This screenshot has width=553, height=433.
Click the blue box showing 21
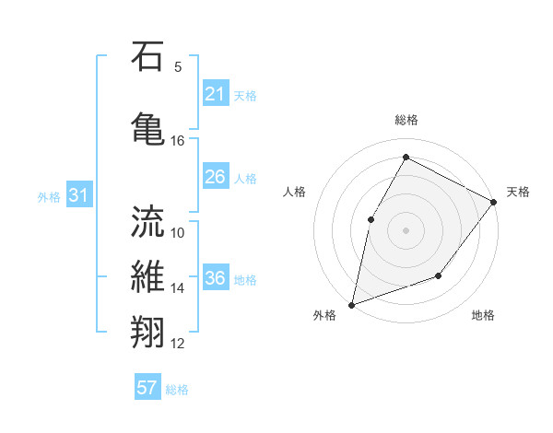[x=216, y=94]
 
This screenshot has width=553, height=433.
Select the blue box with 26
[x=216, y=177]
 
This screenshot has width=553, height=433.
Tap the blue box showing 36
[x=216, y=278]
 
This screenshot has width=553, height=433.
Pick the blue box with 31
[x=78, y=195]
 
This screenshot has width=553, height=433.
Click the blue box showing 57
[x=147, y=388]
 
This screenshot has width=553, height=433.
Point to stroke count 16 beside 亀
[x=178, y=141]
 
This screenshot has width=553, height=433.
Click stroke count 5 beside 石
[x=178, y=66]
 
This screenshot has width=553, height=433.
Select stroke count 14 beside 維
[x=178, y=287]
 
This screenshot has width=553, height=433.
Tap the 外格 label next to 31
[x=49, y=196]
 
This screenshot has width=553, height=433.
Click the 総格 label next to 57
[x=177, y=389]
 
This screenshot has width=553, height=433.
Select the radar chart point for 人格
[x=371, y=219]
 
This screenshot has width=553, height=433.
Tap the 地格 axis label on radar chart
[x=483, y=315]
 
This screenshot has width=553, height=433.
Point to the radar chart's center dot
[x=406, y=229]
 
